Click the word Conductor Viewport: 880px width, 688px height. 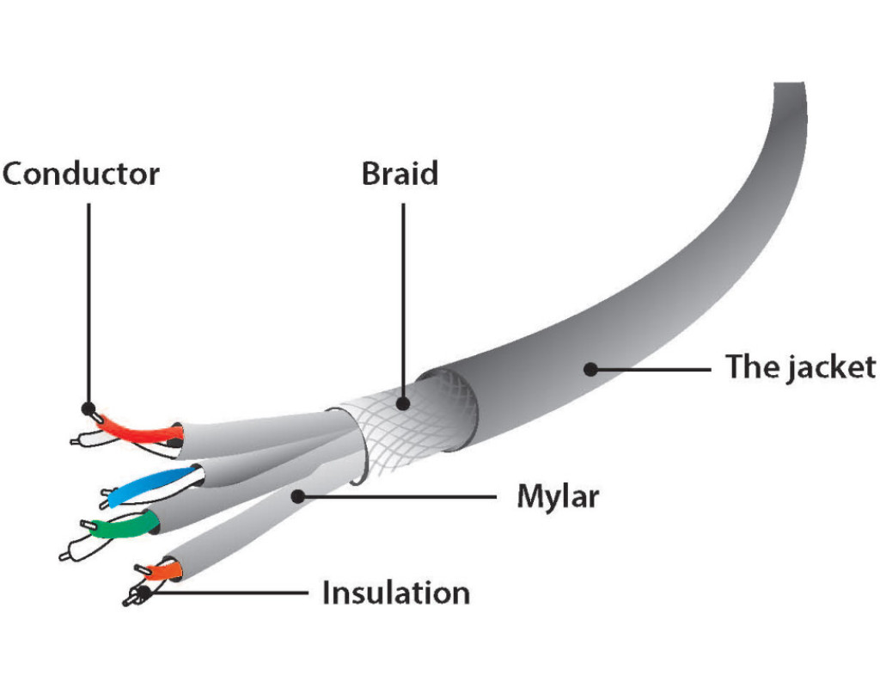point(81,174)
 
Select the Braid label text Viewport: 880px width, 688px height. point(400,174)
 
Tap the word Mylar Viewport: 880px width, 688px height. point(557,496)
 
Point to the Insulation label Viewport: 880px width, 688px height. point(396,593)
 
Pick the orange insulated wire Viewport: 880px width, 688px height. point(162,570)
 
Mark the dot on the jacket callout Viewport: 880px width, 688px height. point(590,369)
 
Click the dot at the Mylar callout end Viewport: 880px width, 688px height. point(297,495)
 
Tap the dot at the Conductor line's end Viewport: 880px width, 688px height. point(88,408)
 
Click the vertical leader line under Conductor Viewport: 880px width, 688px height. point(88,301)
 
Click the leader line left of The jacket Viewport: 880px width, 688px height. point(653,369)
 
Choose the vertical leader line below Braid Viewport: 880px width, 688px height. point(402,292)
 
